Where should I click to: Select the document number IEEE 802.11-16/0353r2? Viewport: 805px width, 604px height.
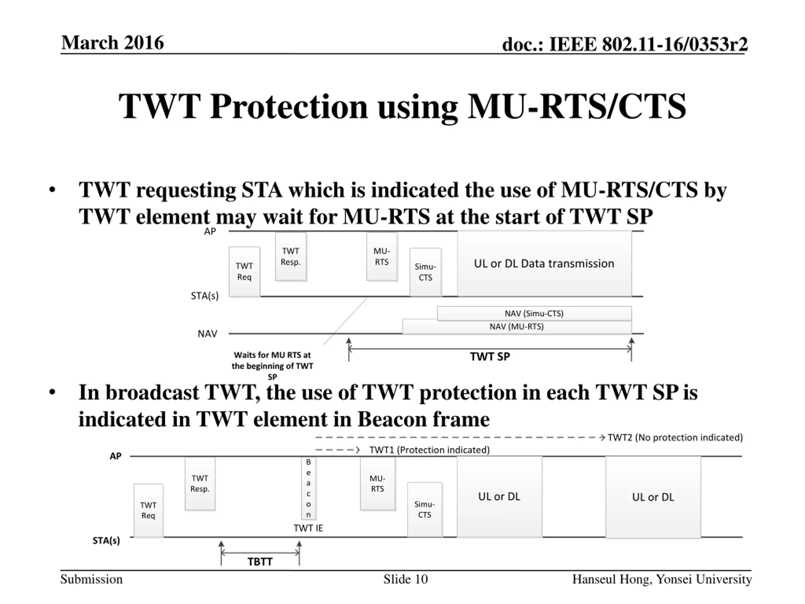625,44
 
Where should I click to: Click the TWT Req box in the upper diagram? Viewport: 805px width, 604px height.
244,271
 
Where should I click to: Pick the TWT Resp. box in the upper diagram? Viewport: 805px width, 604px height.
291,257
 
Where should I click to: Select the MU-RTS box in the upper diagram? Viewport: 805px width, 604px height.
381,257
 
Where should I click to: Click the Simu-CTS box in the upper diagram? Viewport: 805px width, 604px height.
425,272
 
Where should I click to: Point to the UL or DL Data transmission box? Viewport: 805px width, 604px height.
544,264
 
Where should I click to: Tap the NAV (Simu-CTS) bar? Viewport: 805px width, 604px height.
534,313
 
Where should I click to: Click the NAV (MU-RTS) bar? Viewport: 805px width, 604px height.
516,327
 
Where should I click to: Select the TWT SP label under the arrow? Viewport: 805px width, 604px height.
490,357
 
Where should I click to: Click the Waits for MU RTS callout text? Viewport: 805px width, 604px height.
272,366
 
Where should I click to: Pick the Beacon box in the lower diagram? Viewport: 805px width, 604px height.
308,488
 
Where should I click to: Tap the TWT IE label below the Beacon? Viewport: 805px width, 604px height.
308,528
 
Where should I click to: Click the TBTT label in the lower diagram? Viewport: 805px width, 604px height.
260,562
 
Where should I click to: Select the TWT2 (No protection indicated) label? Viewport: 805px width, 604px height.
675,437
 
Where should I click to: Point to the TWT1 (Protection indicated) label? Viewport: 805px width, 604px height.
430,450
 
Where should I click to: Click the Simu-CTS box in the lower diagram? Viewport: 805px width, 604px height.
424,509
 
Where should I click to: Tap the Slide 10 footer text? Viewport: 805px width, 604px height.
405,579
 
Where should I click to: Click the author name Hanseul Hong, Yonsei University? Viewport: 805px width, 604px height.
662,579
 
